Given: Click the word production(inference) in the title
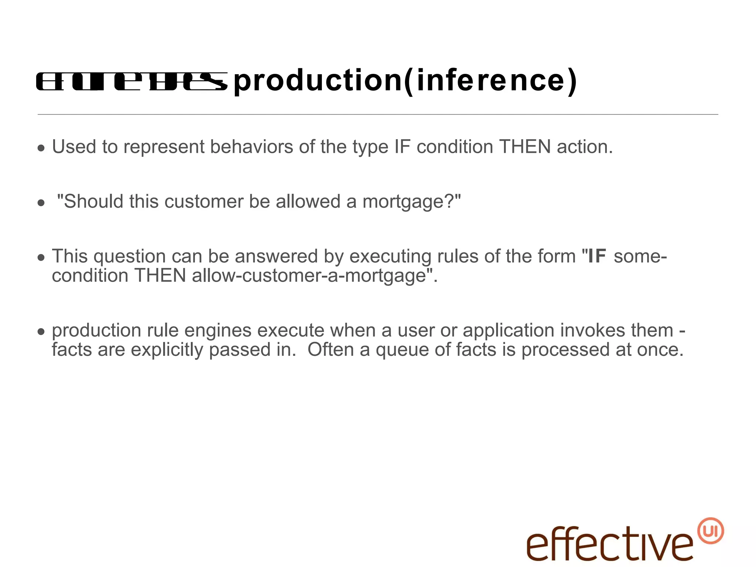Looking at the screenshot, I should point(405,80).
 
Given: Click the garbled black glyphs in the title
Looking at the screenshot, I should point(131,81).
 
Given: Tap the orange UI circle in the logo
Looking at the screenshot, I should point(711,531).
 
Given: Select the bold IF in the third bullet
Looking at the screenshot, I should point(597,256).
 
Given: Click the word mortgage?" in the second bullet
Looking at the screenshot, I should point(412,202).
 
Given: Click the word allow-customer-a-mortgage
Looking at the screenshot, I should point(309,276).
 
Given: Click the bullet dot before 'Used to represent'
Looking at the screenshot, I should point(41,148).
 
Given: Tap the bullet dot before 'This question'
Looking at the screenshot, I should point(41,258).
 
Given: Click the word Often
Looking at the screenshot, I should point(331,350).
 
